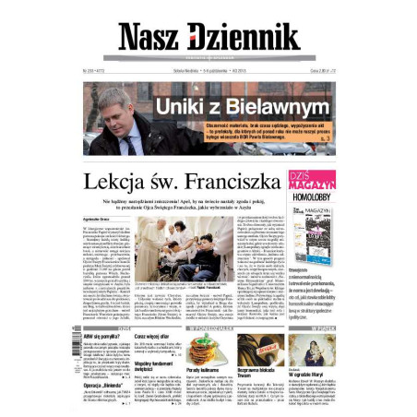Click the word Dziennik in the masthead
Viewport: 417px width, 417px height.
click(244, 37)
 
